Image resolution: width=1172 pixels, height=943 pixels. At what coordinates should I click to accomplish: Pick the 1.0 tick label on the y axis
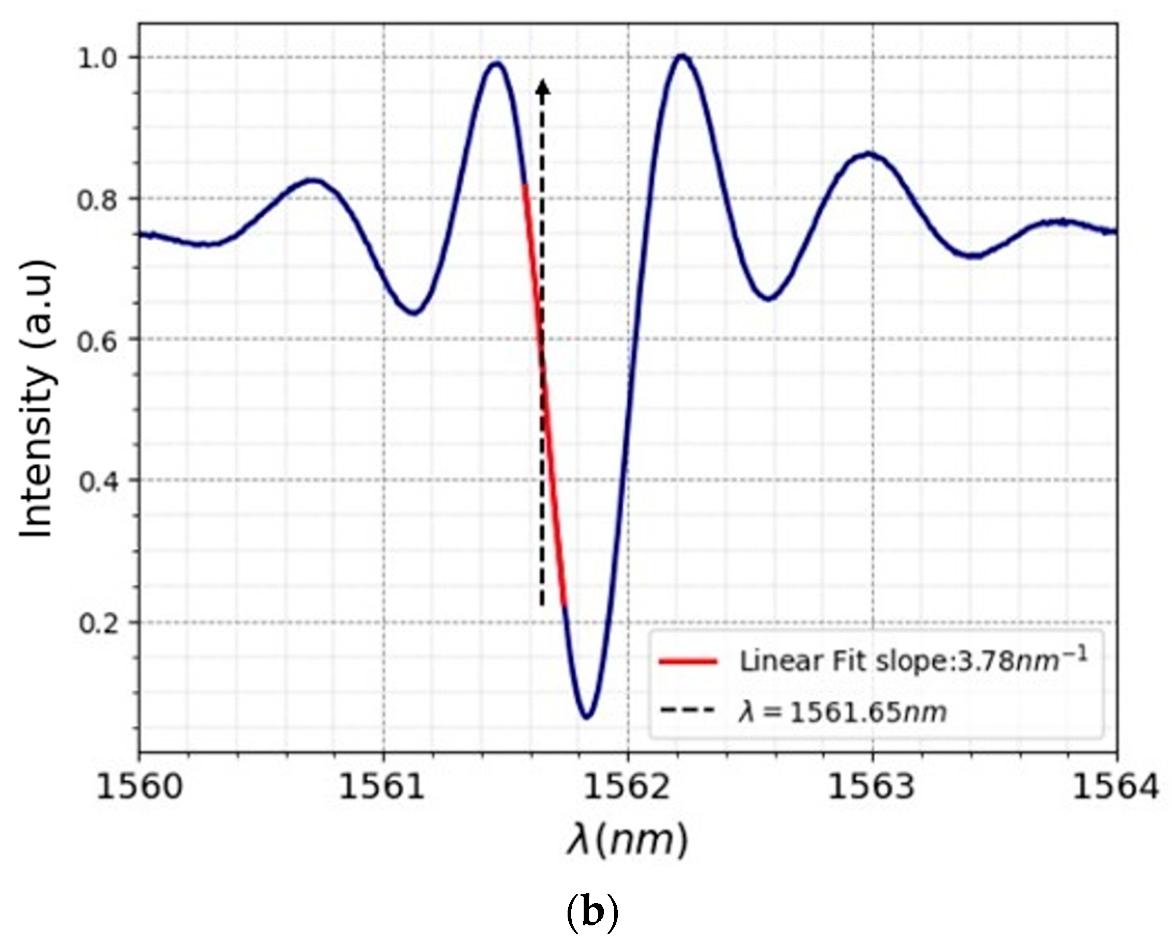(x=98, y=59)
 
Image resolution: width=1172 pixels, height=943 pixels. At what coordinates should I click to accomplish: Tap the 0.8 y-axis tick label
(x=98, y=199)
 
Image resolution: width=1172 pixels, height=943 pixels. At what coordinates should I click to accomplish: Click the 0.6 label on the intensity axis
(x=98, y=340)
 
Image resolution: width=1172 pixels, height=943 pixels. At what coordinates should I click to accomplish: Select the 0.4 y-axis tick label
(x=98, y=481)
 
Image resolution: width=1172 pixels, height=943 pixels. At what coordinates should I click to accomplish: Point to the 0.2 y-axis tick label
(x=98, y=623)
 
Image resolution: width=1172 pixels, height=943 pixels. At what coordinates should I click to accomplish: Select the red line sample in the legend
(x=688, y=662)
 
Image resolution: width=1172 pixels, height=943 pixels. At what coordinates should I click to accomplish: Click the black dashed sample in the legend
(x=688, y=710)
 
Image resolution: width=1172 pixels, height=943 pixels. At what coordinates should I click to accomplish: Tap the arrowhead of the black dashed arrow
(x=542, y=87)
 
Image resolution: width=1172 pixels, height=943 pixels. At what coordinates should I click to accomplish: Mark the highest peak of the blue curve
(x=682, y=55)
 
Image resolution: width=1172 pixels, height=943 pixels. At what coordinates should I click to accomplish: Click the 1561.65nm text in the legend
(x=868, y=712)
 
